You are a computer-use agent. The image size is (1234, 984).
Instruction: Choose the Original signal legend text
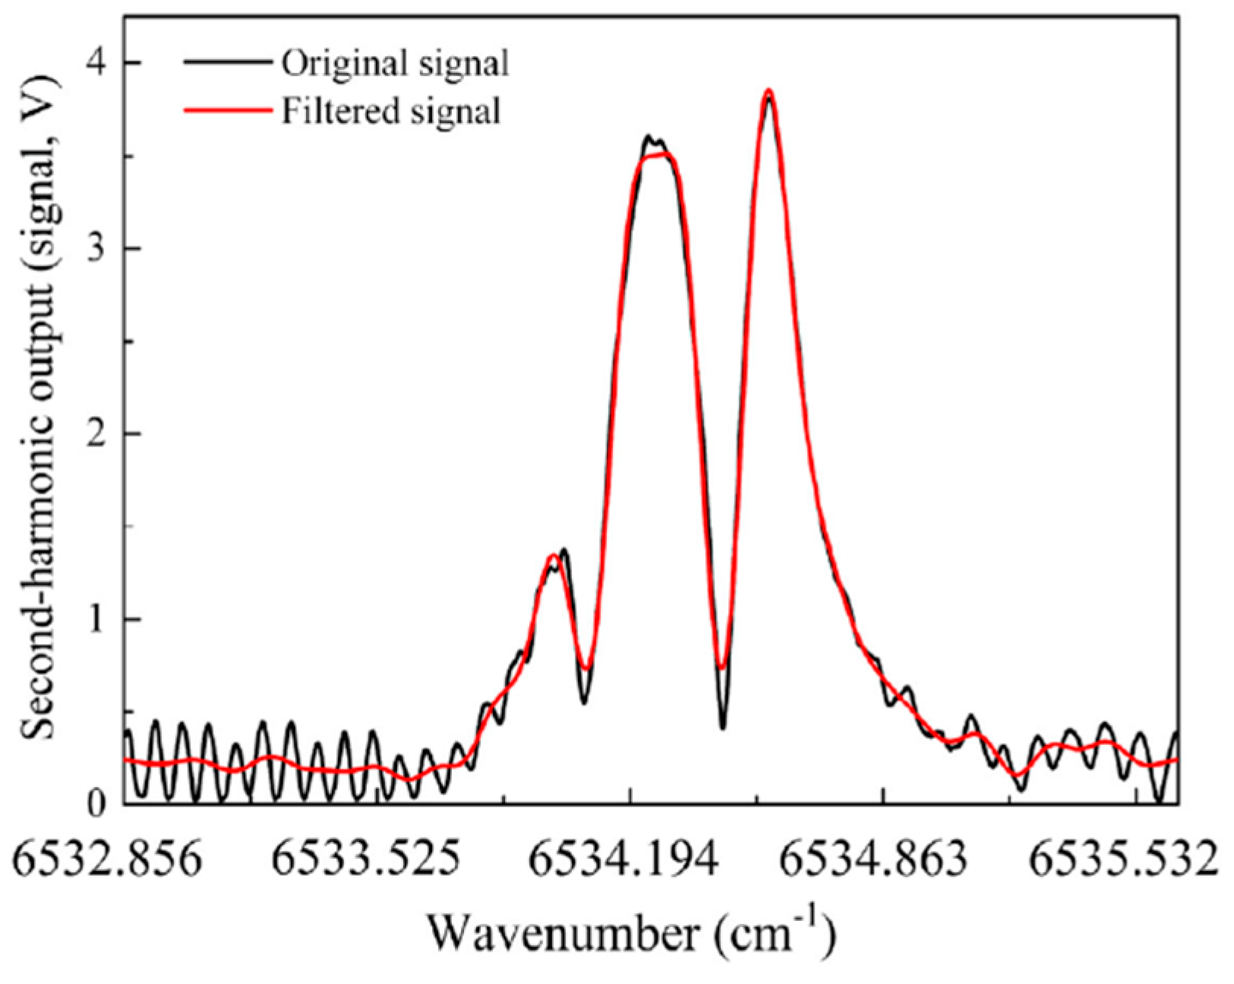[x=396, y=64]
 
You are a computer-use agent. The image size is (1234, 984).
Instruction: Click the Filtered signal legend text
[x=391, y=112]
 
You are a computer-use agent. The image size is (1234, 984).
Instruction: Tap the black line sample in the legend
[x=227, y=63]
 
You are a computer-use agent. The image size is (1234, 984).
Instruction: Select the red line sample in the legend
[x=227, y=110]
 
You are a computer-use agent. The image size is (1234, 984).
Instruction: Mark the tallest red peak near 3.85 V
[x=768, y=90]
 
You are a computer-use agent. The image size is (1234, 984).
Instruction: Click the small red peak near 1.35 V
[x=553, y=557]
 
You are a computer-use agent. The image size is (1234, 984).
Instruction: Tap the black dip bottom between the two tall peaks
[x=722, y=727]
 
